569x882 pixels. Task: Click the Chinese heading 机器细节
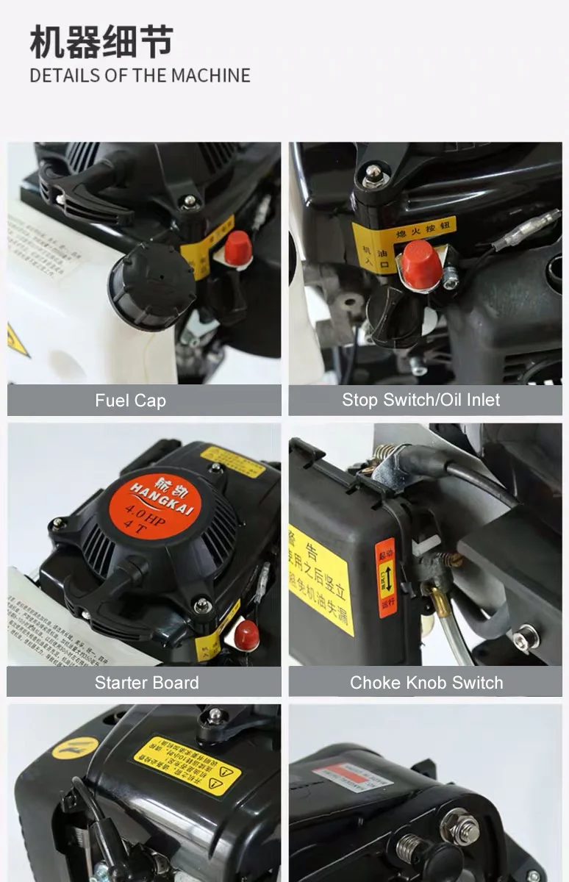(101, 42)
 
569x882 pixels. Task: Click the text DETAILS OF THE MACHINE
(140, 76)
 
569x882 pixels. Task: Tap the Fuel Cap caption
(130, 401)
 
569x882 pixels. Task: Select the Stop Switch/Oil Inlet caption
(421, 400)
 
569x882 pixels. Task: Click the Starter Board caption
(146, 682)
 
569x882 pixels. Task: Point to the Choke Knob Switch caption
(426, 682)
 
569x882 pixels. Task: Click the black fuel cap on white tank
(151, 285)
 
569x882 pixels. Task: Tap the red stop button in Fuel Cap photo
(237, 248)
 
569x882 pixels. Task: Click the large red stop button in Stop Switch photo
(421, 264)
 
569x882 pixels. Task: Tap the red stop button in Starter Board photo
(246, 635)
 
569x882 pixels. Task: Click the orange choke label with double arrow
(386, 577)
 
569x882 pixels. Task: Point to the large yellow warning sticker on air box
(321, 578)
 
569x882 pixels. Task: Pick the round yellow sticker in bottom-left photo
(75, 747)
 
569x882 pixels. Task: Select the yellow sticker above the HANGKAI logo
(232, 461)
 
